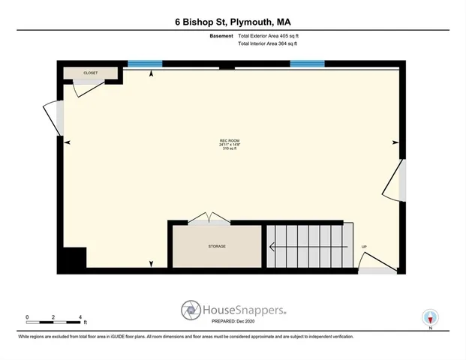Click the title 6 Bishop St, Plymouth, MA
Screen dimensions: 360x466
[233, 21]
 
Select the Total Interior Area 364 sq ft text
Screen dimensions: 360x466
[267, 43]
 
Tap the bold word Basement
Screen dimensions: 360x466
[221, 35]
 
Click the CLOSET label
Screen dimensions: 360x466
[91, 73]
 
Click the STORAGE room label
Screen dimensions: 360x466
[217, 246]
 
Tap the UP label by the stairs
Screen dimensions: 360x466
[364, 247]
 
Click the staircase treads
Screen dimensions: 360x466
[308, 245]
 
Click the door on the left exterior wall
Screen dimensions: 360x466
[54, 118]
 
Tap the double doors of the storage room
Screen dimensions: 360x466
[209, 218]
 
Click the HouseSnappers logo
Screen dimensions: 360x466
[233, 309]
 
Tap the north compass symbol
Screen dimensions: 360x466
[430, 317]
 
